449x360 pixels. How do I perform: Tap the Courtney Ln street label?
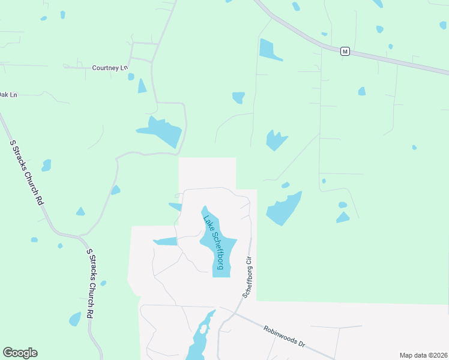coord(109,68)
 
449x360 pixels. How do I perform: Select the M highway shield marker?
coord(345,52)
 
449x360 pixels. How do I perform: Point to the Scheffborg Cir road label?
coord(249,277)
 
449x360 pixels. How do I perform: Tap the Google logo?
coord(20,352)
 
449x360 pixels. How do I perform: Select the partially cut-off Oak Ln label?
coord(8,94)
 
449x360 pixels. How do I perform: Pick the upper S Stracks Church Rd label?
coord(27,171)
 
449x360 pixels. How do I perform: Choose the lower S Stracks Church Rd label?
coord(90,284)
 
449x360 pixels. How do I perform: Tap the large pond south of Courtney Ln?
coord(161,130)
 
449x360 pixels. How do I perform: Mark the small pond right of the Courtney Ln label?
coord(131,77)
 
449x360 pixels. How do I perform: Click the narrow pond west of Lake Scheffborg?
coord(166,241)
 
